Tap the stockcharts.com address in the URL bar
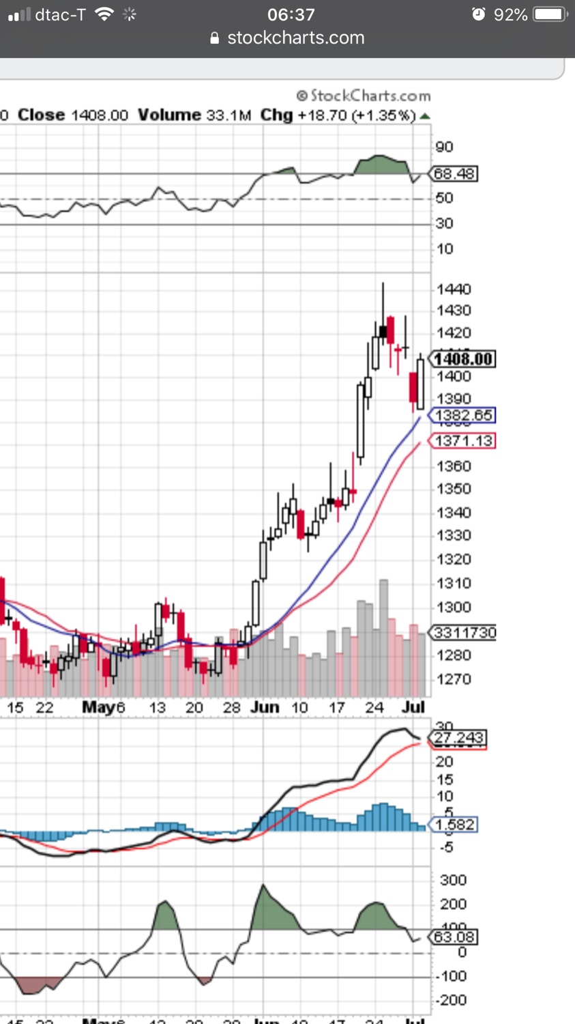[x=295, y=38]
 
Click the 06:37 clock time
[x=291, y=14]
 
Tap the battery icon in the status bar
[x=550, y=14]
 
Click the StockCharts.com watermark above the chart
[x=364, y=96]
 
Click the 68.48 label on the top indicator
[x=454, y=174]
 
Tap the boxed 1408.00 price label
[x=464, y=358]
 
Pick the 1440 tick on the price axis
[x=454, y=289]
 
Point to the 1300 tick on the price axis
[x=454, y=607]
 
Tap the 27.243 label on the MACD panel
[x=459, y=738]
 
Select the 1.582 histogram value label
[x=455, y=825]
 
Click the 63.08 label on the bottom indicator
[x=455, y=937]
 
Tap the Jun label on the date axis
[x=264, y=707]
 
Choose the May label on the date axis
[x=98, y=707]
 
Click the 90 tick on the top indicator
[x=445, y=147]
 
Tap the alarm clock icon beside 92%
[x=479, y=14]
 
